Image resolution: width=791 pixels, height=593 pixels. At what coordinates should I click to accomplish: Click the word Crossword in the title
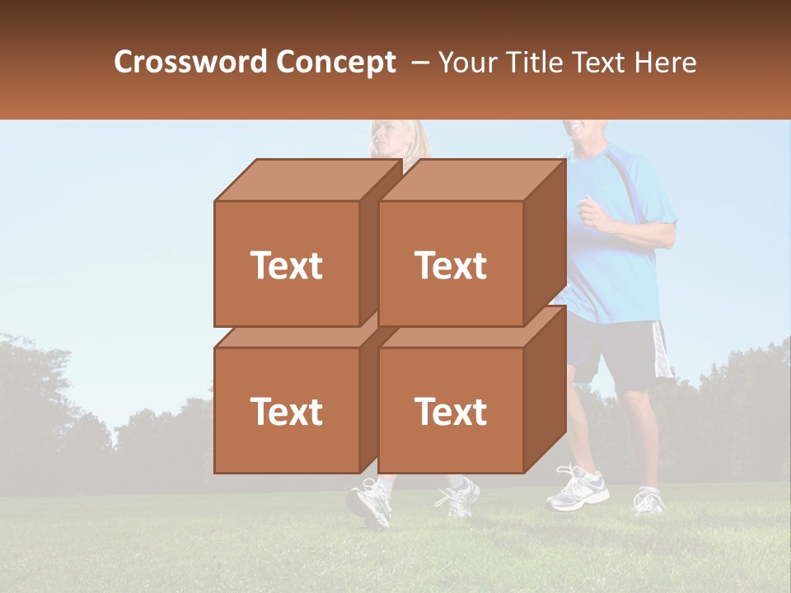191,63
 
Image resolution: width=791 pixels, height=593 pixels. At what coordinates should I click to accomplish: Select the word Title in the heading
536,63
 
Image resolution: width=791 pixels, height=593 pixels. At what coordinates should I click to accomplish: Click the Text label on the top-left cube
287,265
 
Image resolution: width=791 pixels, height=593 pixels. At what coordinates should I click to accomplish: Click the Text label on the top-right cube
451,265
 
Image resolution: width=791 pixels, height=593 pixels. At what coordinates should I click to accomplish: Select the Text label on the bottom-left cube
287,412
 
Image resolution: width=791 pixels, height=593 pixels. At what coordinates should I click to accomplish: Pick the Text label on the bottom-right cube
451,412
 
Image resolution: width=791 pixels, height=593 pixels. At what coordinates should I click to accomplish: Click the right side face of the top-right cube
545,239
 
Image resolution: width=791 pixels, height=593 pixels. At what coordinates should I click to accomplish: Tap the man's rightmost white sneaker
649,500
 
